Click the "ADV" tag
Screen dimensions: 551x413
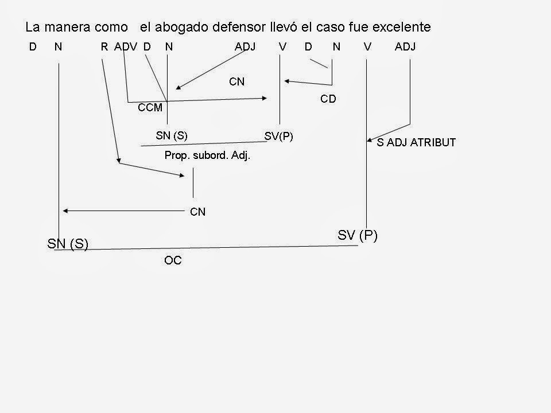tap(126, 47)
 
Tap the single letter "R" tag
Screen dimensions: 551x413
tap(104, 47)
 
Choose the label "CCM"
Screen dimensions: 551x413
tap(150, 107)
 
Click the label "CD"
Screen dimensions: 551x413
tap(328, 99)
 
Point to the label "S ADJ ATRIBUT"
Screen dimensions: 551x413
tap(416, 143)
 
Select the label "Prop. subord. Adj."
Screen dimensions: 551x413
tap(208, 155)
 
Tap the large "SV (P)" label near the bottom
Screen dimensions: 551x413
tap(356, 235)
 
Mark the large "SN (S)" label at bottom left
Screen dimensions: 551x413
tap(67, 244)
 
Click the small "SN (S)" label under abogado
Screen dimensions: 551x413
tap(172, 135)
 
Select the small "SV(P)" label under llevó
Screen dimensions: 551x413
tap(279, 136)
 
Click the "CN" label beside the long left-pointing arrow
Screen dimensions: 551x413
tap(197, 212)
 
